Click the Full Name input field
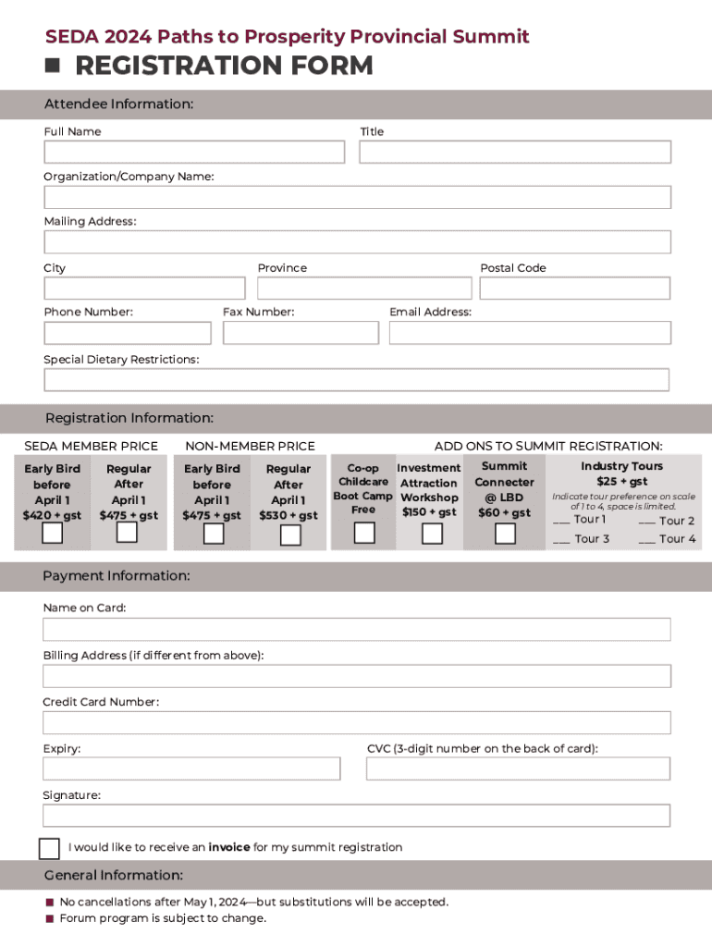coord(194,152)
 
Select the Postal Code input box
coord(574,288)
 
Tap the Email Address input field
coord(530,333)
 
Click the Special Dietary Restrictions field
coord(356,380)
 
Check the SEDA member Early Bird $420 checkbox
coord(53,533)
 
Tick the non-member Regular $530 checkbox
coord(290,535)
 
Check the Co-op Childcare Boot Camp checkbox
coord(365,533)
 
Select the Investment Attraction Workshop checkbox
coord(432,534)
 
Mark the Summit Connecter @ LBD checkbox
coord(505,534)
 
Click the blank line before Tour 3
coord(561,540)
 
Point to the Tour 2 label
coord(677,521)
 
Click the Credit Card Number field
coord(356,722)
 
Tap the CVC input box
coord(518,769)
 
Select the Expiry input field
coord(191,769)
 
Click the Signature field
coord(356,815)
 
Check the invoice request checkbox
coord(49,848)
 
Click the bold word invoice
coord(229,847)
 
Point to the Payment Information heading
coord(117,576)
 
